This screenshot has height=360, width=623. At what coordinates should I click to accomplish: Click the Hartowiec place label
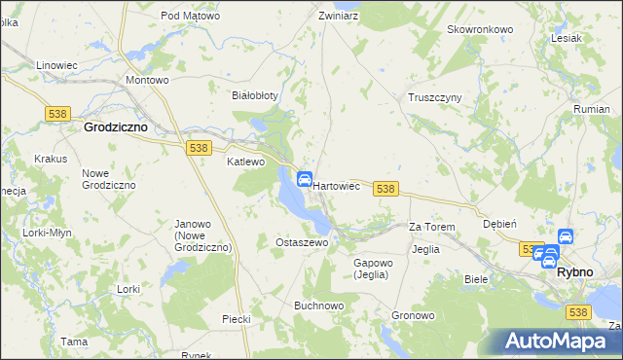pos(337,185)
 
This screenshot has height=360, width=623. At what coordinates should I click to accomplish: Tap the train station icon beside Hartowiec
pos(304,179)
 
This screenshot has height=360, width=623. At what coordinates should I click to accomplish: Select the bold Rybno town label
pos(574,272)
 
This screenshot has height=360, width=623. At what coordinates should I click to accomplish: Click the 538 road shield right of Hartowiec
pos(385,189)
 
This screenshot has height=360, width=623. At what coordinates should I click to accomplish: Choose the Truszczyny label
pos(434,98)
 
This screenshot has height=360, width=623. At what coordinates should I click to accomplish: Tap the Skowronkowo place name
pos(480,29)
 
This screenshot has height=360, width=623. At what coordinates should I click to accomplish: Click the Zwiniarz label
pos(341,17)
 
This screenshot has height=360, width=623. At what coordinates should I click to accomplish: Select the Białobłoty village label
pos(255,95)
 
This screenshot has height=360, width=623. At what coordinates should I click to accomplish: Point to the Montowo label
pos(148,80)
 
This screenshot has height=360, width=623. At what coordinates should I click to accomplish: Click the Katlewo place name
pos(246,162)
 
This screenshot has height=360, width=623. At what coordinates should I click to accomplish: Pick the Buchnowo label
pos(319,305)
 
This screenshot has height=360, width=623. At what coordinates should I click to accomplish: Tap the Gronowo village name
pos(413,316)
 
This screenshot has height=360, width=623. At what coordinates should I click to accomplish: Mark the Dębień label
pos(499,223)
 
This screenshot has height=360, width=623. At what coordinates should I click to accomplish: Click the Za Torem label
pos(432,227)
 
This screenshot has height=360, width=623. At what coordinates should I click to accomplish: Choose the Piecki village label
pos(237,319)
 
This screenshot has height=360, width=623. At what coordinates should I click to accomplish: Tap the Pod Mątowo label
pos(191,17)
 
